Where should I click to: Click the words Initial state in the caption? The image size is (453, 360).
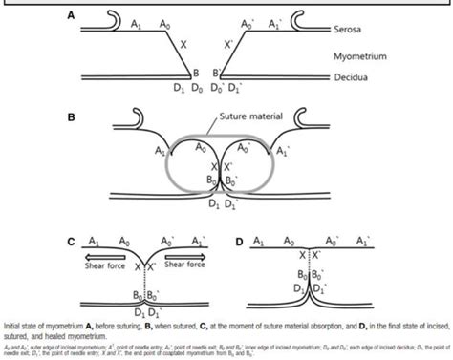coord(23,326)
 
